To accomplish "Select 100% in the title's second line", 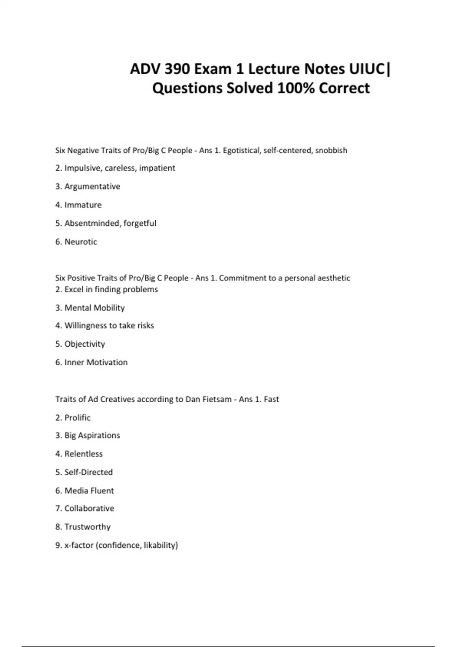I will pyautogui.click(x=296, y=88).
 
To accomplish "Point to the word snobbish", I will pyautogui.click(x=331, y=150).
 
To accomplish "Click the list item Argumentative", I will pyautogui.click(x=92, y=186).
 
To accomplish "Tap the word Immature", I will pyautogui.click(x=83, y=205).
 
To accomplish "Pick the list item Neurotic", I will pyautogui.click(x=81, y=242).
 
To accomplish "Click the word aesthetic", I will pyautogui.click(x=334, y=278).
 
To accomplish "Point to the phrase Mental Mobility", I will pyautogui.click(x=94, y=308).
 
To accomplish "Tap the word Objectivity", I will pyautogui.click(x=85, y=344).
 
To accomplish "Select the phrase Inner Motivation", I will pyautogui.click(x=96, y=362).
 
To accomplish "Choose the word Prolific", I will pyautogui.click(x=77, y=418).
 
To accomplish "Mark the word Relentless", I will pyautogui.click(x=83, y=454).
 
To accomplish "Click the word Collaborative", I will pyautogui.click(x=89, y=508).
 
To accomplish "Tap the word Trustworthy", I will pyautogui.click(x=88, y=527).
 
